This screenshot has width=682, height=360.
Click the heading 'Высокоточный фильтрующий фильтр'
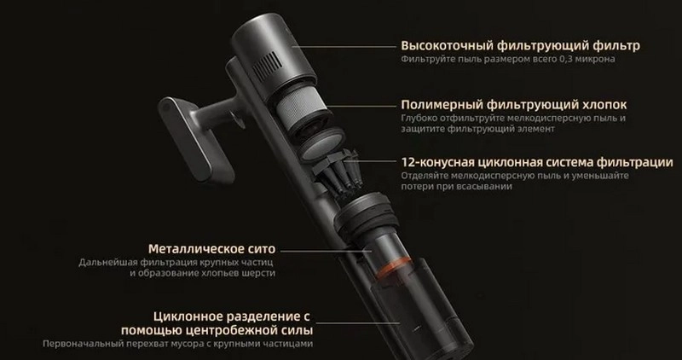(x=520, y=46)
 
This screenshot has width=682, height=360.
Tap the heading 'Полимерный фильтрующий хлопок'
(x=514, y=105)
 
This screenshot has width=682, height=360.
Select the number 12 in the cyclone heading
(x=407, y=162)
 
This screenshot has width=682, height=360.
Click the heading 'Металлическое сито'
(x=211, y=249)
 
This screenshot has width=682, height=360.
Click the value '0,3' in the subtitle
(x=565, y=59)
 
